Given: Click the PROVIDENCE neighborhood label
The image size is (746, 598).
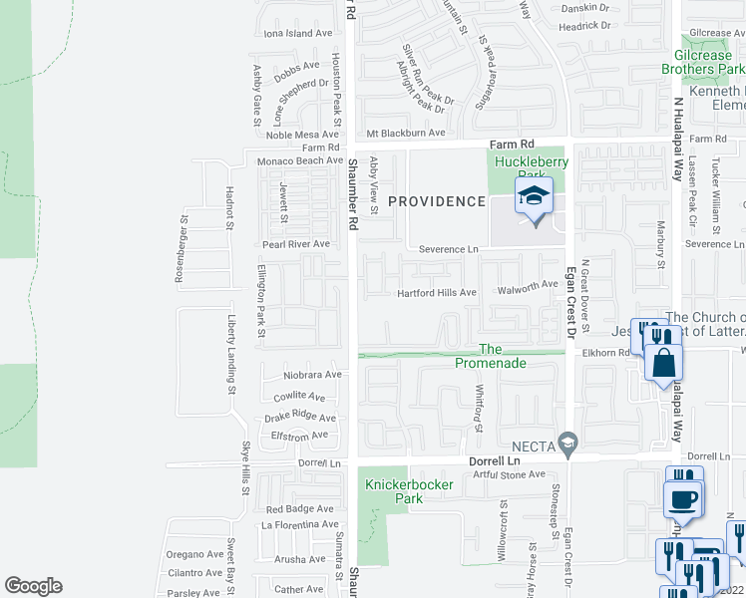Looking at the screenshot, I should pos(436,201).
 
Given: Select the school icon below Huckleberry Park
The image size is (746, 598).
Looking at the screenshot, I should pos(534,195).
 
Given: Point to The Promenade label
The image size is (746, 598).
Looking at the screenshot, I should pos(490,356).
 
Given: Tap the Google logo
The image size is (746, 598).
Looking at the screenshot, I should pos(33,586).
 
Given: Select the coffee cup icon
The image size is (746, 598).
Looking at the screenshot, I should pos(683,499).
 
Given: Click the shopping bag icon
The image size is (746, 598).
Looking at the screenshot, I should pos(664,364).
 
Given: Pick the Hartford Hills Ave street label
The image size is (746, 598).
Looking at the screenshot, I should pos(437,293).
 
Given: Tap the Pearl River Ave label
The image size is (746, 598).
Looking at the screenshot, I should pos(295,244).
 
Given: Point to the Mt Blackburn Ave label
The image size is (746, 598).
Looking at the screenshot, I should pos(405,134).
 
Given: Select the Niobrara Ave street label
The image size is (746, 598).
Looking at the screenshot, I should pos(311,376).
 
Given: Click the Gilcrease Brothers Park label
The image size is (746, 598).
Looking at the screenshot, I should pos(702,63).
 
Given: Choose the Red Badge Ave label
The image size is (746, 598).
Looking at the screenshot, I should pos(299,509).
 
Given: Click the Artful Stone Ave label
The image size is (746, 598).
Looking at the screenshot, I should pos(515,473).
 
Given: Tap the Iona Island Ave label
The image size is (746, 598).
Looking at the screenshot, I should pos(297,33).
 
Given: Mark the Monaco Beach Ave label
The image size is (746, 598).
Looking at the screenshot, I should pos(300,160).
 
